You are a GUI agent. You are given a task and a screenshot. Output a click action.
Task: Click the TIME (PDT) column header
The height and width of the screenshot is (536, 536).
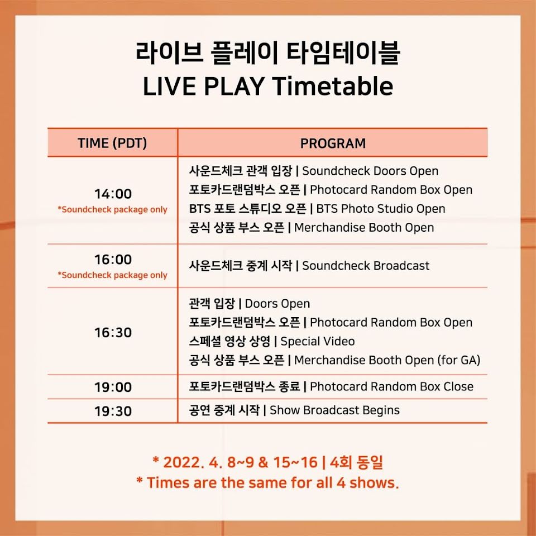pyautogui.click(x=112, y=143)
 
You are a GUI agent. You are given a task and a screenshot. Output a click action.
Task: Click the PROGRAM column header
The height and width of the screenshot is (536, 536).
pyautogui.click(x=333, y=143)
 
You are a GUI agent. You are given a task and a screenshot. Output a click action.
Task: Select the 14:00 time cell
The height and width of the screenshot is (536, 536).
pyautogui.click(x=113, y=194)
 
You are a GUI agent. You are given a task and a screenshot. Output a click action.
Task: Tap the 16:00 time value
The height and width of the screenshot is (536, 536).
pyautogui.click(x=113, y=260)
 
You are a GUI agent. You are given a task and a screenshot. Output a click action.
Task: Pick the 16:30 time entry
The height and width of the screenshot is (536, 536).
pyautogui.click(x=113, y=332)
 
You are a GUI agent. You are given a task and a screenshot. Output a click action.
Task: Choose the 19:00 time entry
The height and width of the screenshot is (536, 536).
pyautogui.click(x=113, y=387)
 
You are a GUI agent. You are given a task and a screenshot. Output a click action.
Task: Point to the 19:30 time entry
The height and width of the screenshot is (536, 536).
pyautogui.click(x=113, y=411)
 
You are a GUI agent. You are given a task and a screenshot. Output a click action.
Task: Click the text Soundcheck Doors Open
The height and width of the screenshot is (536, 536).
pyautogui.click(x=370, y=171)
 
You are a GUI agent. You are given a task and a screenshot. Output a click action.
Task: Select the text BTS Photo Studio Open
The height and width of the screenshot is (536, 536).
pyautogui.click(x=381, y=208)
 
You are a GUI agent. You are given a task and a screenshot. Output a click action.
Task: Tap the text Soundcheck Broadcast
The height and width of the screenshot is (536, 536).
pyautogui.click(x=366, y=266)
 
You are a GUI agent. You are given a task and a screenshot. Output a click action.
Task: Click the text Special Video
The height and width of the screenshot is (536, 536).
pyautogui.click(x=318, y=341)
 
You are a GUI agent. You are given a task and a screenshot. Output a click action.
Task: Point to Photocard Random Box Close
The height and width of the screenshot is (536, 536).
pyautogui.click(x=392, y=386)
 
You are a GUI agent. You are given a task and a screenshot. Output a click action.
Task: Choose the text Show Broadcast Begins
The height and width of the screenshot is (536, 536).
pyautogui.click(x=334, y=410)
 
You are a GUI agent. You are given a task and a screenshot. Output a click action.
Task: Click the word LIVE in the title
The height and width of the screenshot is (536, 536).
pyautogui.click(x=169, y=86)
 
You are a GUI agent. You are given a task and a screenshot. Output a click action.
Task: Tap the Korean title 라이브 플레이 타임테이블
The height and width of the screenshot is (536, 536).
pyautogui.click(x=267, y=53)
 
